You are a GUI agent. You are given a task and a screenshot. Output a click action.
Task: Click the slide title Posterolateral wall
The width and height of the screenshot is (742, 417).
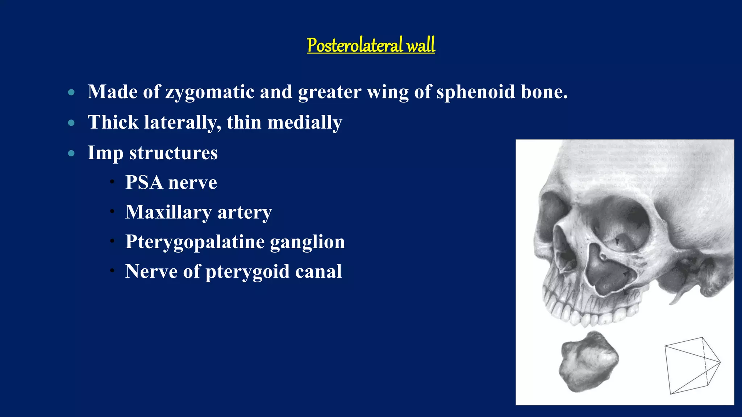coord(371,45)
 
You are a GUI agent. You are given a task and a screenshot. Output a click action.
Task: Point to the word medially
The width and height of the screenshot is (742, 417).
coord(304,122)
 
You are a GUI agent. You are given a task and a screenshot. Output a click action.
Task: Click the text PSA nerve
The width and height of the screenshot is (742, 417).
coord(171,182)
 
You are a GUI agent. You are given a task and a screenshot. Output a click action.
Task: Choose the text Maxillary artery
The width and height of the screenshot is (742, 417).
coord(198,212)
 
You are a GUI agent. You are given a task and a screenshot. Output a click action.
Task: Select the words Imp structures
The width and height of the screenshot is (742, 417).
coord(153,153)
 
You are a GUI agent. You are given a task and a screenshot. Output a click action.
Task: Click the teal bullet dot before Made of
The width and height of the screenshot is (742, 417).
coord(71,92)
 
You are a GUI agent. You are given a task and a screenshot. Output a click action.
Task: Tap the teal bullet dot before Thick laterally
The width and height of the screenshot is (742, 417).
coord(71,123)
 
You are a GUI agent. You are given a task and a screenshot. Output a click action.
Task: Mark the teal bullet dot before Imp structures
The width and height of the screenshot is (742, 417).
coord(71,153)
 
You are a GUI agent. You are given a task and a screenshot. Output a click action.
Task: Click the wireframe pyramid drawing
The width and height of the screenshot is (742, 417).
coord(691,366)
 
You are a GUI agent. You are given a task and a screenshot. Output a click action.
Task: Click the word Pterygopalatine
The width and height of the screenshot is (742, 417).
coord(195,242)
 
